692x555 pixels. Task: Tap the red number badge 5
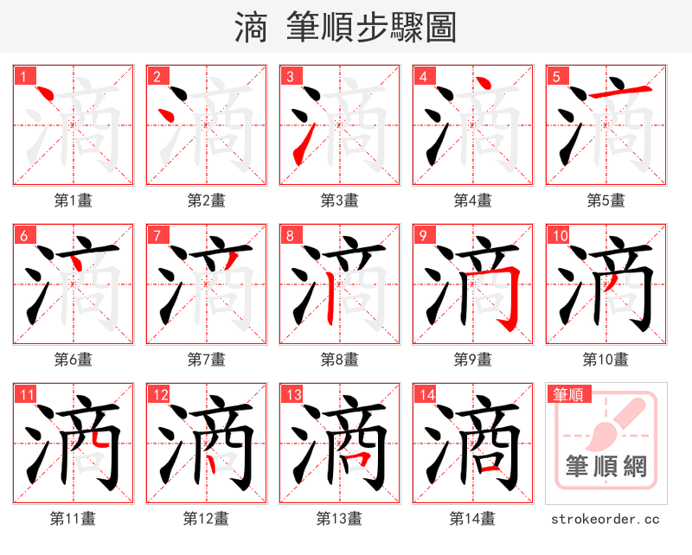point(556,76)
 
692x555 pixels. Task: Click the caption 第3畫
point(339,201)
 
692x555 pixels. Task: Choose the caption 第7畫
point(206,360)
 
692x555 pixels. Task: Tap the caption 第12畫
point(206,519)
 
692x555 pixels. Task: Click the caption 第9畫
point(472,360)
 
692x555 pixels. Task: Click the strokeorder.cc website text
point(605,520)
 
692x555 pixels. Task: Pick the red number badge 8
point(290,235)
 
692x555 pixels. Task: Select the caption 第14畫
point(472,519)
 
